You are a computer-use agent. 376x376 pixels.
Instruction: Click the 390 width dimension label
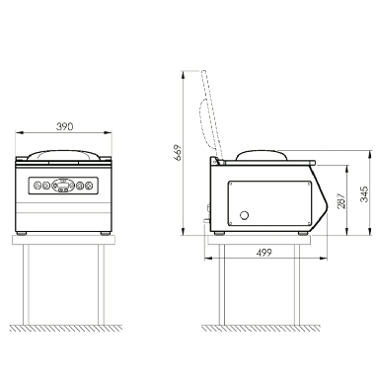[64, 126]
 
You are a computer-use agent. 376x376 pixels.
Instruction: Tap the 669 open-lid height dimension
[178, 152]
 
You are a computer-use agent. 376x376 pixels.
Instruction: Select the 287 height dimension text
[341, 200]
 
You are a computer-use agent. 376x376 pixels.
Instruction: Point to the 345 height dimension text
[363, 194]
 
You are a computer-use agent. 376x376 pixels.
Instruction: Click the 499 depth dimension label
[263, 253]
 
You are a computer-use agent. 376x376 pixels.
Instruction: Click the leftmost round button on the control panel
[37, 186]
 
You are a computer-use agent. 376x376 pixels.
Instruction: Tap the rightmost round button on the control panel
[89, 186]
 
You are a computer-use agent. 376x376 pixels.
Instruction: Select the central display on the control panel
[63, 186]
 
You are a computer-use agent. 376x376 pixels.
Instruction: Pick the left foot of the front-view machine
[22, 233]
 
